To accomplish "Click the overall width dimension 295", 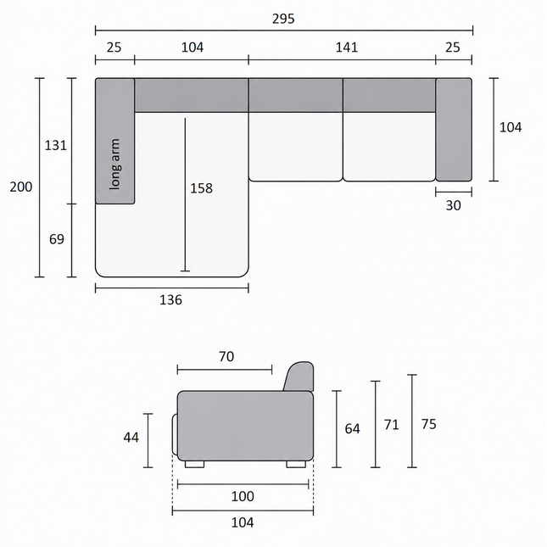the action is (283, 19).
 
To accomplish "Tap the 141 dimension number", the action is (347, 47).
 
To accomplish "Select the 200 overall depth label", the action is (21, 187).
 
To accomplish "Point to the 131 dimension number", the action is (55, 145).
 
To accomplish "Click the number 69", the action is (57, 239).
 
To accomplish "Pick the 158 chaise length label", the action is (201, 188).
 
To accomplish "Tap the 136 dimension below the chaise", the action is (170, 299).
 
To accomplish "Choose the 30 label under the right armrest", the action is (453, 205).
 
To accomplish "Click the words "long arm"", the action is (114, 164).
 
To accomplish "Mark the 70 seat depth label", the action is (226, 356).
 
